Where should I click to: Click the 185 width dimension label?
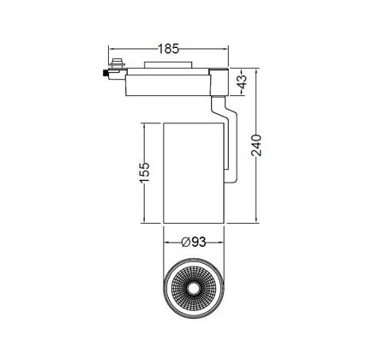pos(169,49)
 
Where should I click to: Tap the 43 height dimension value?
pos(242,81)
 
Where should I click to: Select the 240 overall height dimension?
pos(256,145)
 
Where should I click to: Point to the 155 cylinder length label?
pos(144,172)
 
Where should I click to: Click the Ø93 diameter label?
pos(194,242)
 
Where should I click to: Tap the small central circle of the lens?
pos(194,289)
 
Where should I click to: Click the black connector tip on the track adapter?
pos(105,73)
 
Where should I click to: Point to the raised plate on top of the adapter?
pos(168,65)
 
